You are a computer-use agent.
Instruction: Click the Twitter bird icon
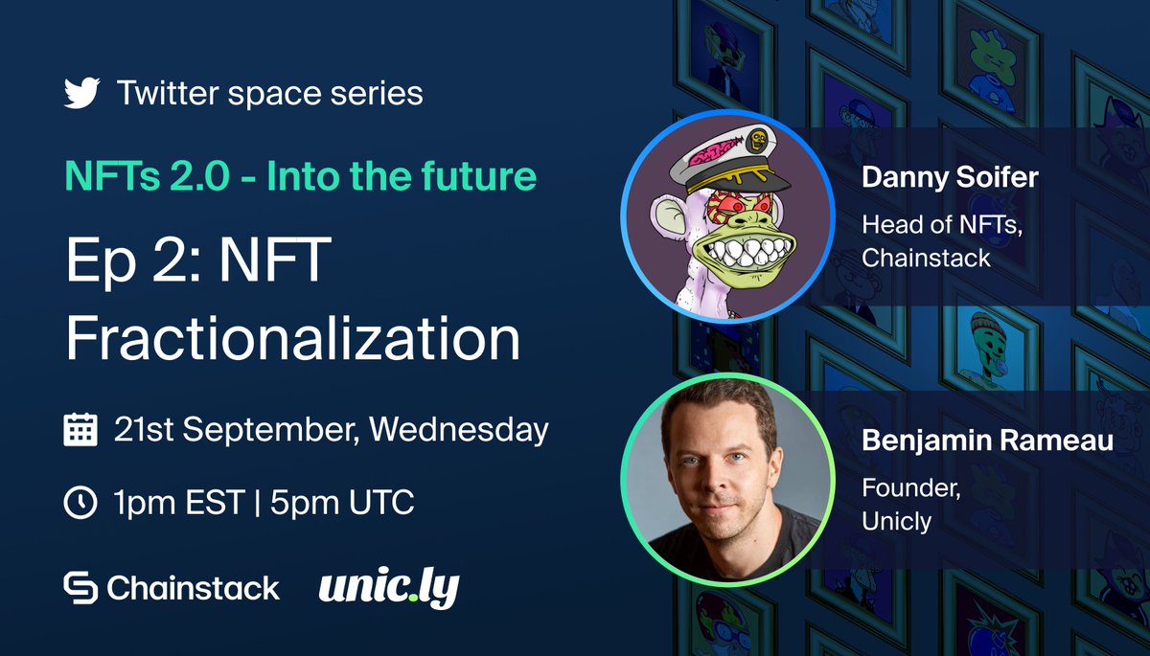82,94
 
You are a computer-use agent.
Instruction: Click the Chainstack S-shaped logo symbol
80,587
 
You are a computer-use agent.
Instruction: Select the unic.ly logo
389,587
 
